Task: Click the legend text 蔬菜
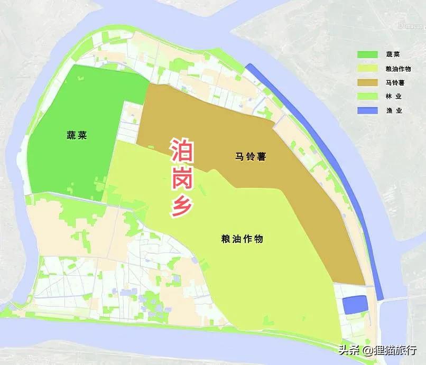[x=408, y=54]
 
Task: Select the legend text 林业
[x=408, y=96]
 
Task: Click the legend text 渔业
[x=408, y=110]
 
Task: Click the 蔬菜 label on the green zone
[x=77, y=135]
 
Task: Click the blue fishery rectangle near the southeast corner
[x=355, y=305]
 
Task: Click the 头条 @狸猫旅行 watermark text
[x=378, y=350]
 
